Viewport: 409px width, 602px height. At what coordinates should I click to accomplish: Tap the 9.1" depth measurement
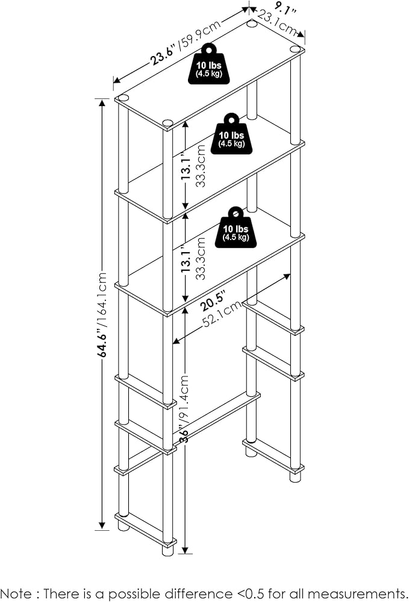(279, 9)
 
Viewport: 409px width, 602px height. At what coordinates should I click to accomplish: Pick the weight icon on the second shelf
(231, 132)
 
